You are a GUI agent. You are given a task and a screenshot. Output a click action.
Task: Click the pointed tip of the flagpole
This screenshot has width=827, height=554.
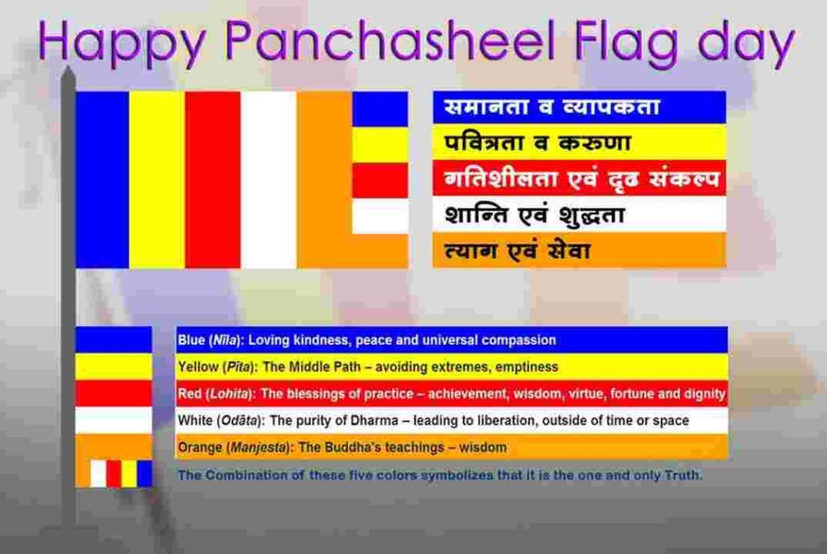coord(69,69)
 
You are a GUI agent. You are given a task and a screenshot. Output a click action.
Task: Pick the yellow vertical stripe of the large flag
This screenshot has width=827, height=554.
coord(157,180)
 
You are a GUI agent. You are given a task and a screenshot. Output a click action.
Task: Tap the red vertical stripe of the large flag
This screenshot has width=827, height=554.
coord(212,180)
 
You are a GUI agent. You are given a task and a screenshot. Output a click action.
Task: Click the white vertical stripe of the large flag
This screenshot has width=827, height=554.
coord(268,180)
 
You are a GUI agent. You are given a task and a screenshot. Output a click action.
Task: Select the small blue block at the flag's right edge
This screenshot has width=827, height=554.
coord(380,109)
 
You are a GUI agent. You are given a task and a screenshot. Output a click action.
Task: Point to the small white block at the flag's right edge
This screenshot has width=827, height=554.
coord(380,216)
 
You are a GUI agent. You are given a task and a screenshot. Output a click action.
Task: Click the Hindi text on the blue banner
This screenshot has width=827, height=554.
coord(552,107)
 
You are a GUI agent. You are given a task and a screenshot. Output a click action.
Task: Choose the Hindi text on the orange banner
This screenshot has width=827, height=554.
coord(517,250)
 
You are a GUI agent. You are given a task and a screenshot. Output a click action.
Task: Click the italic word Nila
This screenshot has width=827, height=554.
coord(225,340)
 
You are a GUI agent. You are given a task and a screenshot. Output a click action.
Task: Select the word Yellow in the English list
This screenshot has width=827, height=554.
coord(198,367)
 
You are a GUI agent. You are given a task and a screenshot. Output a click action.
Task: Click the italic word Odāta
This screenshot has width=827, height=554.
coord(240,421)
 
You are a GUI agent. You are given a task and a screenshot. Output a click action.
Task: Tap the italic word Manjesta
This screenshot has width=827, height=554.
coord(258,447)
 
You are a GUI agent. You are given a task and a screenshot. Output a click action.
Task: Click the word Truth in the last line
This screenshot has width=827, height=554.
coord(682,475)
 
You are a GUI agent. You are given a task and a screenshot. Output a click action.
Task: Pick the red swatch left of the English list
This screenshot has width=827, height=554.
coord(113,393)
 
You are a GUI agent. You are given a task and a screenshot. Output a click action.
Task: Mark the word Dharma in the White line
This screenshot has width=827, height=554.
coord(374,421)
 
